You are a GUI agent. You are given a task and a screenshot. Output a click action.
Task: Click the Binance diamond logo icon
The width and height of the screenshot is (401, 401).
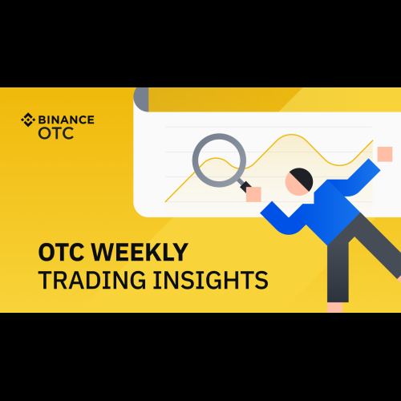28,119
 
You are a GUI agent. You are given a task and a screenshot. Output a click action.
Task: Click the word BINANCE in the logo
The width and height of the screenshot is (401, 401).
67,119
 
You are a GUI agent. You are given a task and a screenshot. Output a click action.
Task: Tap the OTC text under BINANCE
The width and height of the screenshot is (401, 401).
55,133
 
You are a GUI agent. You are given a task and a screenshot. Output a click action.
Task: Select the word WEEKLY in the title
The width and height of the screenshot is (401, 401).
140,252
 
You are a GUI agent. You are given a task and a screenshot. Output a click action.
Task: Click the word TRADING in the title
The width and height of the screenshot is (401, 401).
92,280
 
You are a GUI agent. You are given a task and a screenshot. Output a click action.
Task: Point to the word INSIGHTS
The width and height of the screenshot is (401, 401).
211,280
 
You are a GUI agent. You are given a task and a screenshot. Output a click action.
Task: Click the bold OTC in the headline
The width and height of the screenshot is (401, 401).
62,252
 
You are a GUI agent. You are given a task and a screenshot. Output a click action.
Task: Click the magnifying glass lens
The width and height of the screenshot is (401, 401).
219,160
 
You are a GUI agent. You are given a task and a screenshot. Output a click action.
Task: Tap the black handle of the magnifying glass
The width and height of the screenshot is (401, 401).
245,186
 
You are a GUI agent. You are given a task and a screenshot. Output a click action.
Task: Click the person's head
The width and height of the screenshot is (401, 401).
299,182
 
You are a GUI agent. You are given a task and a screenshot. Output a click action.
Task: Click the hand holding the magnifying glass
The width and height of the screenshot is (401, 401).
253,194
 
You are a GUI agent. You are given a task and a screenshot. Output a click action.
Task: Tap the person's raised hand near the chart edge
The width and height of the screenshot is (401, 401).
385,154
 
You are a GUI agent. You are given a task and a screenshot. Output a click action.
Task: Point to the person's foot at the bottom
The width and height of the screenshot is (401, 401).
334,307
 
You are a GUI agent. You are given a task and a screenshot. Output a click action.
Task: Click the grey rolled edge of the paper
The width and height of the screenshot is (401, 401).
141,99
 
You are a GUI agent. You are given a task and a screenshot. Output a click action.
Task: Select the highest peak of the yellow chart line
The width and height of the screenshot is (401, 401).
292,135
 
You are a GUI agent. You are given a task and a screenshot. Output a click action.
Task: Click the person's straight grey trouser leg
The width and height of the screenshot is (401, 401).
338,270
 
